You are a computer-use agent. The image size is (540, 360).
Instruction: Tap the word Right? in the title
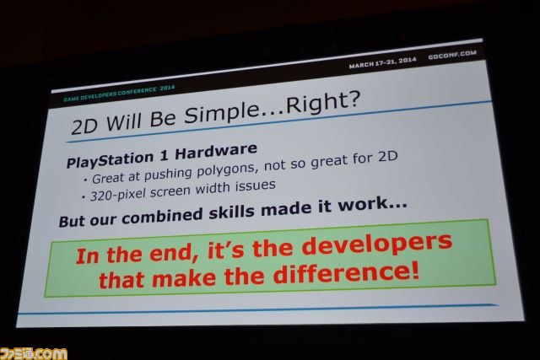click(322, 102)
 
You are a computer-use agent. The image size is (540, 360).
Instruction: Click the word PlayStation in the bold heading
click(110, 159)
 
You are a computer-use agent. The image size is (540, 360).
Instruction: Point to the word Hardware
click(216, 151)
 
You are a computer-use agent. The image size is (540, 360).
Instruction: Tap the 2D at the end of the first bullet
click(388, 157)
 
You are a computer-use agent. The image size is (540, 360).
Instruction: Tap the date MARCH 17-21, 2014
click(382, 62)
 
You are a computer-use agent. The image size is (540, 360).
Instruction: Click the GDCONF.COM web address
click(452, 54)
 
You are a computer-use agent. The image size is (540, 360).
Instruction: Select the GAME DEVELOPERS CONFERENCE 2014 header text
click(119, 94)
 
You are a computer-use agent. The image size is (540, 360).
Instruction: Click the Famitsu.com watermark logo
click(34, 353)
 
